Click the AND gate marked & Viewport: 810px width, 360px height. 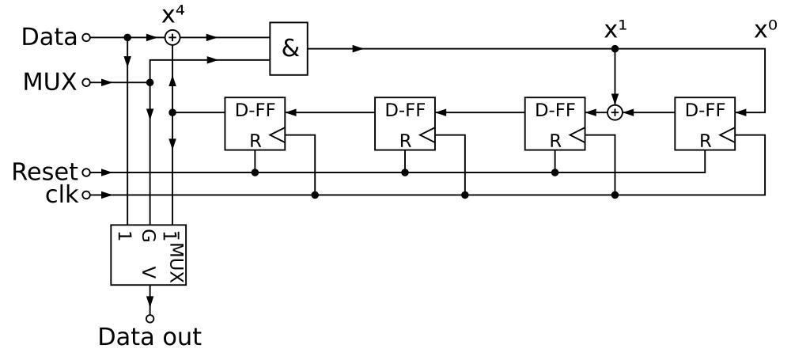(x=289, y=48)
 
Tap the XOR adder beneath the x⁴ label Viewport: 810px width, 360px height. (x=172, y=37)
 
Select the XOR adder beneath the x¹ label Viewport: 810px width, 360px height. (x=615, y=113)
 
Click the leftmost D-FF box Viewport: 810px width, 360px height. (x=255, y=123)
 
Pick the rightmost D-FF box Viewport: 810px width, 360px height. (x=705, y=123)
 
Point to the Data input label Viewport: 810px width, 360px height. (x=49, y=37)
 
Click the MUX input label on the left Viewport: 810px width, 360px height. (x=50, y=81)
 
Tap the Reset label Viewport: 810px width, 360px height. (x=45, y=172)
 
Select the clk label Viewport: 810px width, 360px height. (x=61, y=195)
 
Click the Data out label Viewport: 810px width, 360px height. (x=150, y=337)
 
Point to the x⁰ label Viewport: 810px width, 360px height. (x=765, y=30)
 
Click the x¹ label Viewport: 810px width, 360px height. (x=615, y=30)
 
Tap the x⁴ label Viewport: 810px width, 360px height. (x=172, y=14)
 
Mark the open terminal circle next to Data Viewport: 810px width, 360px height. (x=86, y=37)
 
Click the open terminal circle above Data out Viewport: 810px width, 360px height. (x=150, y=317)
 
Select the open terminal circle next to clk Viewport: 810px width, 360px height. (x=86, y=195)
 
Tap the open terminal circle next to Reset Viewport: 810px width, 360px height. (x=86, y=172)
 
